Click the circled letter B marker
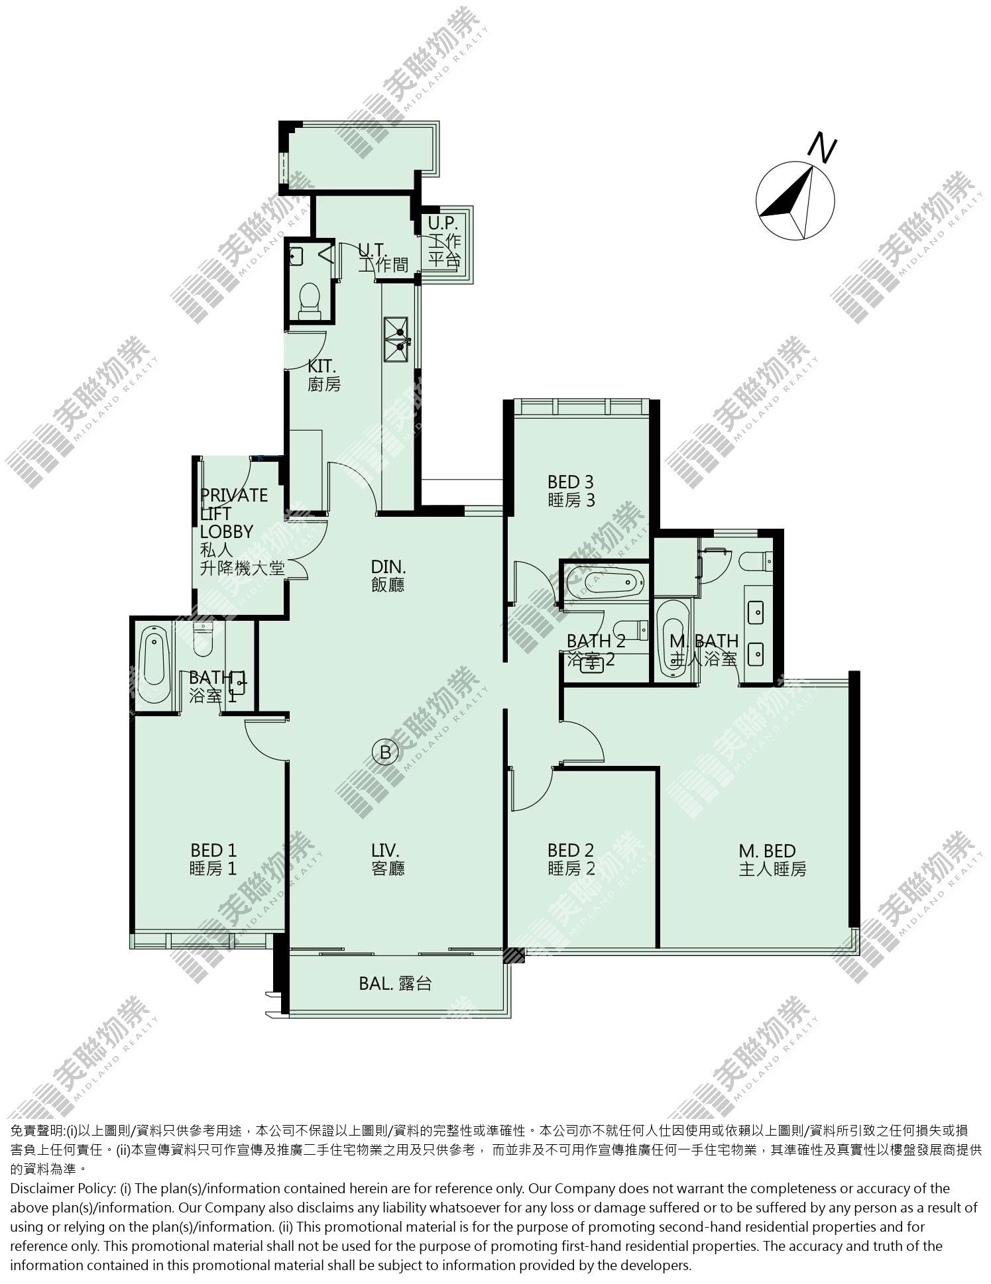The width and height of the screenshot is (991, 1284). click(x=386, y=752)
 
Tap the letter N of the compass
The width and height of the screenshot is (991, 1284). click(x=823, y=148)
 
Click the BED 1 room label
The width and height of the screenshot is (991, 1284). click(x=213, y=859)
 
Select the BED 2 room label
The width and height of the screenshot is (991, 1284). click(x=571, y=859)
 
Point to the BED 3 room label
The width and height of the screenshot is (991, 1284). click(x=571, y=491)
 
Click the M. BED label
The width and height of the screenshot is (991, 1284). click(x=772, y=859)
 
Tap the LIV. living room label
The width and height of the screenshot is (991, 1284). click(x=388, y=859)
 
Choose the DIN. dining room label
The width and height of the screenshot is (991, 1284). click(x=388, y=575)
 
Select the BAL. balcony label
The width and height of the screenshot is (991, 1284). click(x=395, y=984)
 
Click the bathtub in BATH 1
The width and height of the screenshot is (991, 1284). click(x=154, y=658)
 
